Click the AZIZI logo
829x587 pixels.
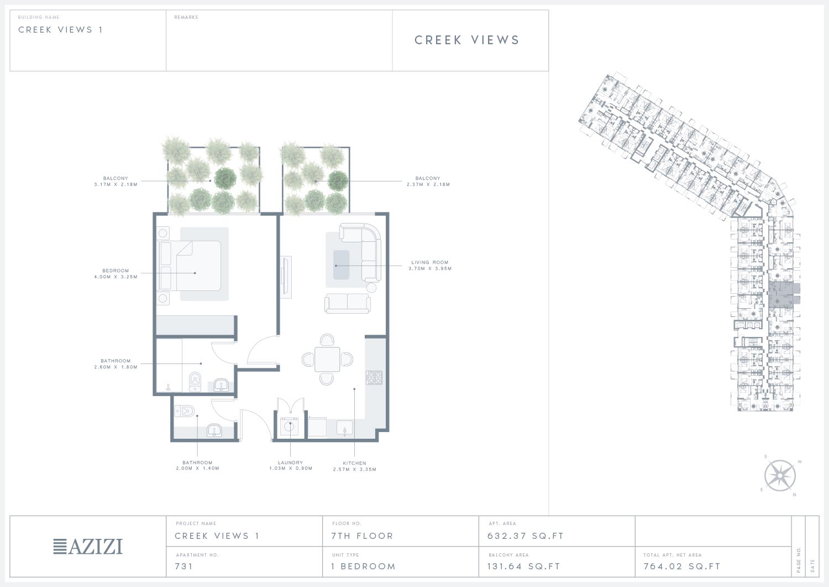tap(88, 547)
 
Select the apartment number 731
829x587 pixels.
tap(184, 566)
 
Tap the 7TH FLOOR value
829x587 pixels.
tap(362, 536)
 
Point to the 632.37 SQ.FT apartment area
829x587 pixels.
tap(526, 536)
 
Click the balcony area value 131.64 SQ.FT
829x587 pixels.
tap(524, 566)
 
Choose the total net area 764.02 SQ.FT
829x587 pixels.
tap(682, 566)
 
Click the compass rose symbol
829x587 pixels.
tap(780, 475)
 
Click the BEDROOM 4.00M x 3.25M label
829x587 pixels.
tap(116, 274)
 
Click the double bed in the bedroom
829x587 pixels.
tap(190, 266)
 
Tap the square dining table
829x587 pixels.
tap(327, 359)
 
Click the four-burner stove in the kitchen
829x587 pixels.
tap(374, 378)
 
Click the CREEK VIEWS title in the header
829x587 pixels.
tap(467, 40)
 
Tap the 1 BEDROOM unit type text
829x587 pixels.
tap(364, 566)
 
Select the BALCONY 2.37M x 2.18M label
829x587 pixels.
tap(428, 181)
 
